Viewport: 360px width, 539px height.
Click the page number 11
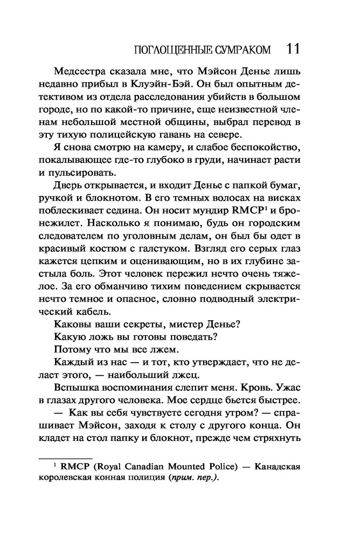291,49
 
